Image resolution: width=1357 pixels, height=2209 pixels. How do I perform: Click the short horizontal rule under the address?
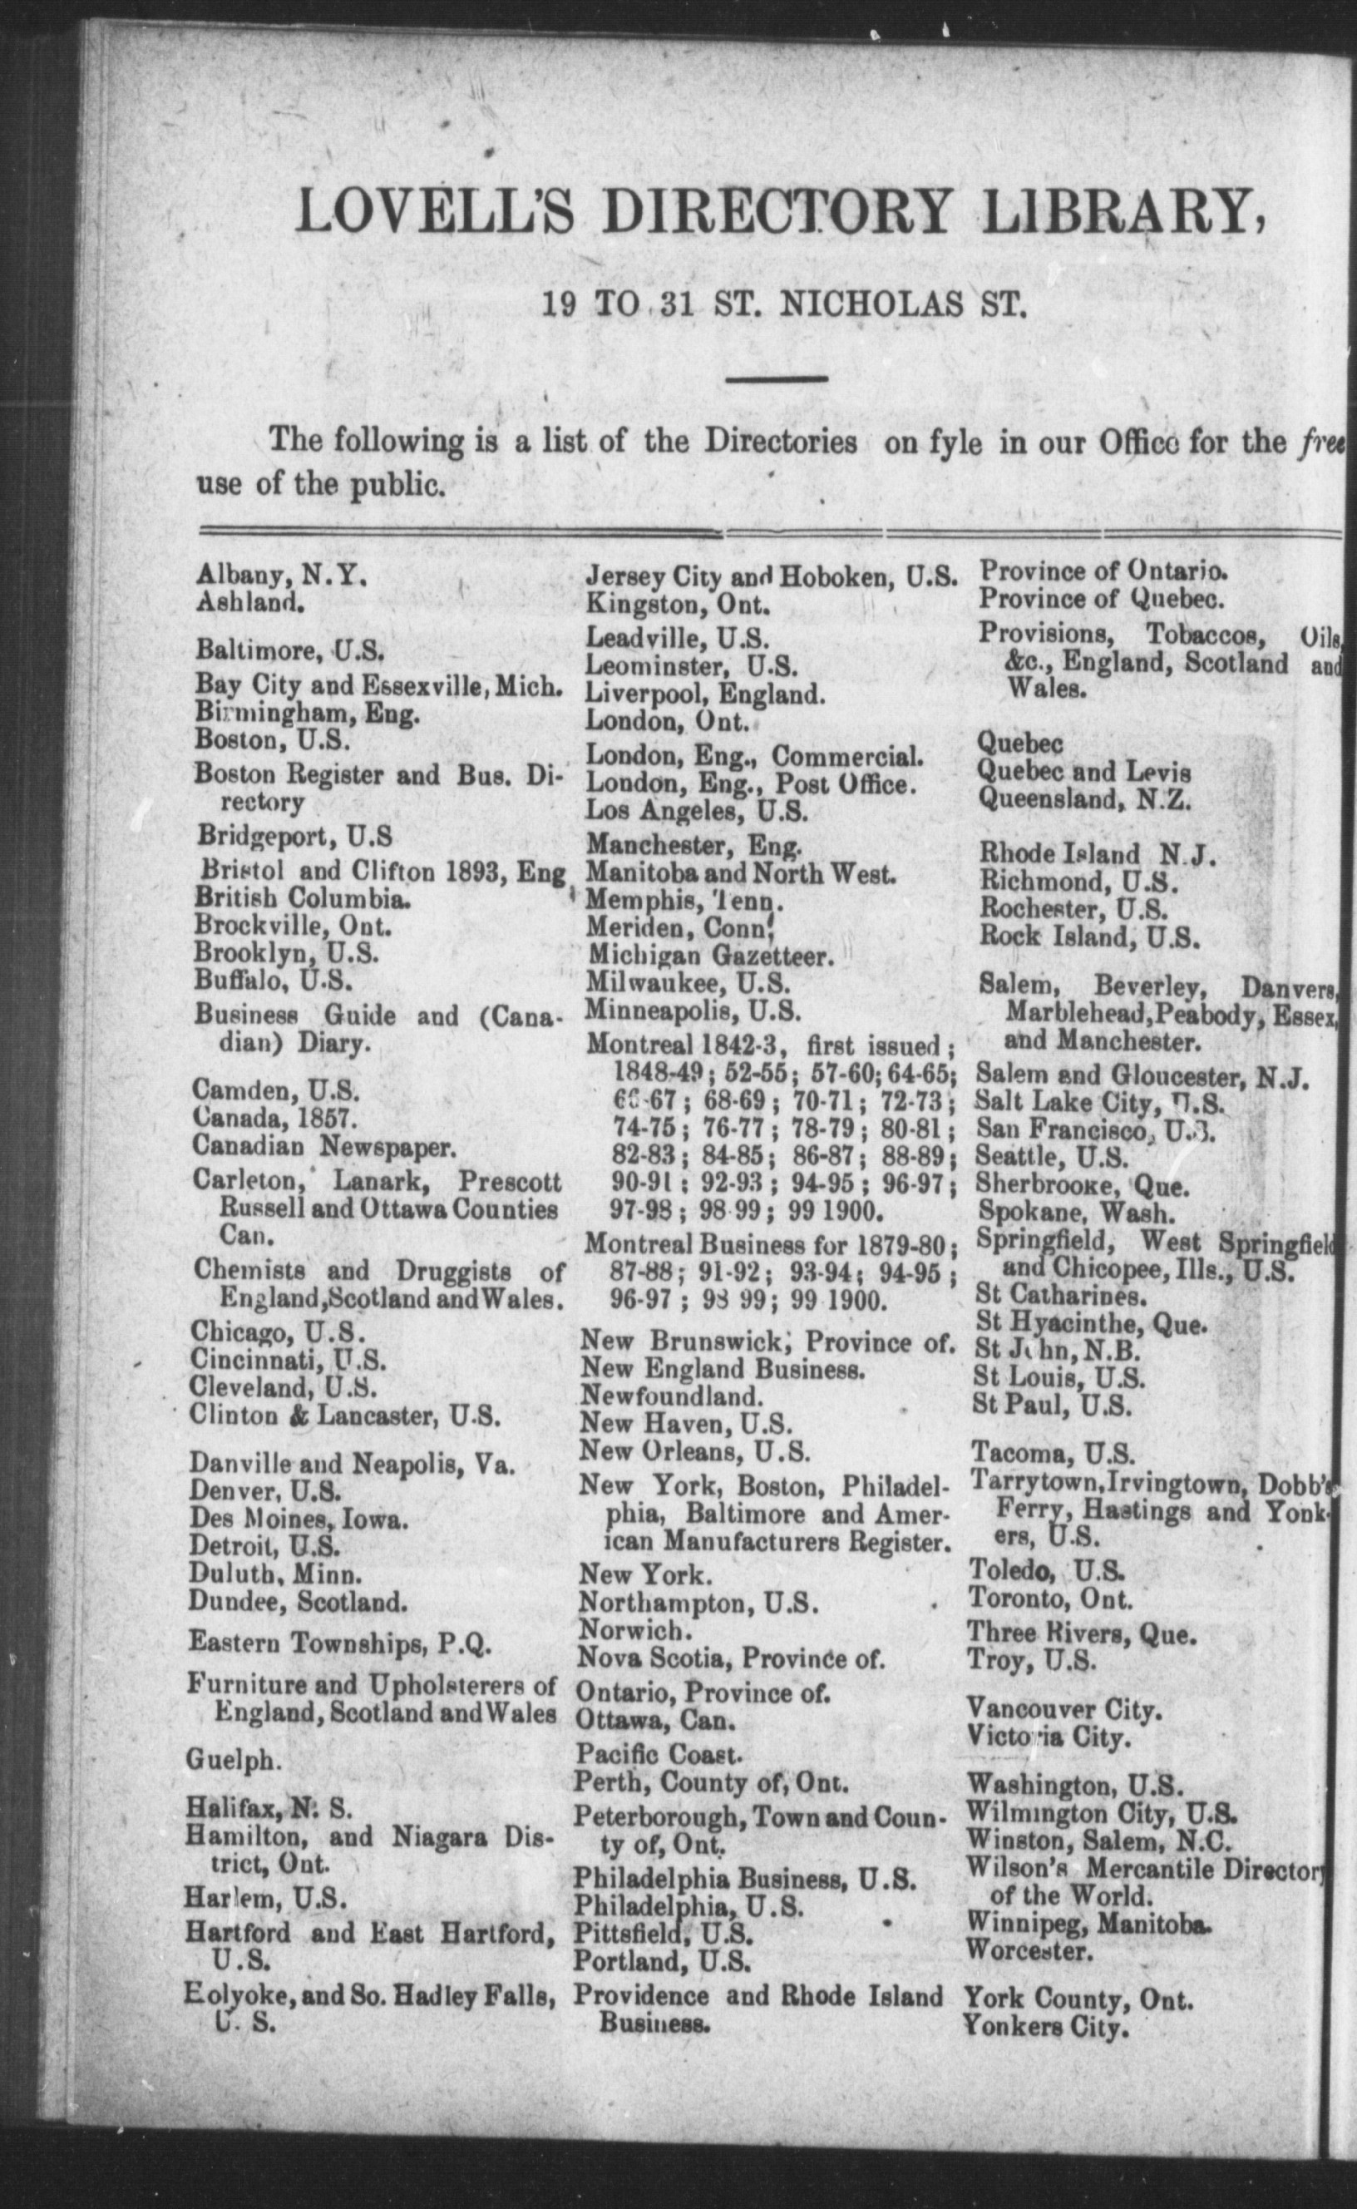777,380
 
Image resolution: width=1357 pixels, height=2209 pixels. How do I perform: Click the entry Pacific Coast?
659,1753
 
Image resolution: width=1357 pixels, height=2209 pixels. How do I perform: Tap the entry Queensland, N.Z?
1083,798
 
